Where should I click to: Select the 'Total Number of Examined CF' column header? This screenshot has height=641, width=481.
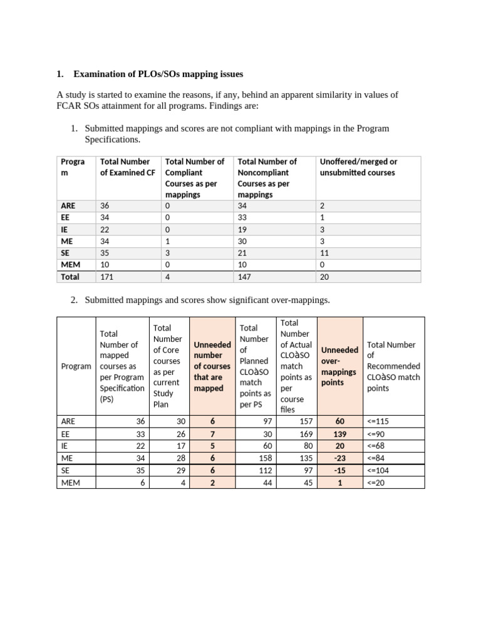click(127, 167)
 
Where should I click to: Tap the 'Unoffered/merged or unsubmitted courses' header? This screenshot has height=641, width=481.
click(358, 167)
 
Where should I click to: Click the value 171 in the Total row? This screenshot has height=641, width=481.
click(108, 276)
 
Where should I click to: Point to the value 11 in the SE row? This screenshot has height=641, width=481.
click(324, 252)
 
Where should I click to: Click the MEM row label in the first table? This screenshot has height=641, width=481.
click(70, 264)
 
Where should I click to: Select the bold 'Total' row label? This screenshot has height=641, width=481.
click(70, 276)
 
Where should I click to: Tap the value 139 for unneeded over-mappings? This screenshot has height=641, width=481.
click(339, 433)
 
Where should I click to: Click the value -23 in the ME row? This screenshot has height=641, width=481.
click(339, 457)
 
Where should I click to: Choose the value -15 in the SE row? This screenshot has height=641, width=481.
click(339, 469)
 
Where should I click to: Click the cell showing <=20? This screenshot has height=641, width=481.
click(378, 482)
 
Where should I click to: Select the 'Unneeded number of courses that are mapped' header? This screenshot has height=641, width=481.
click(212, 366)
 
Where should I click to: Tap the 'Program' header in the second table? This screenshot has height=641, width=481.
click(76, 366)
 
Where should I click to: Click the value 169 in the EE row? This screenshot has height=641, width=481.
click(304, 433)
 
